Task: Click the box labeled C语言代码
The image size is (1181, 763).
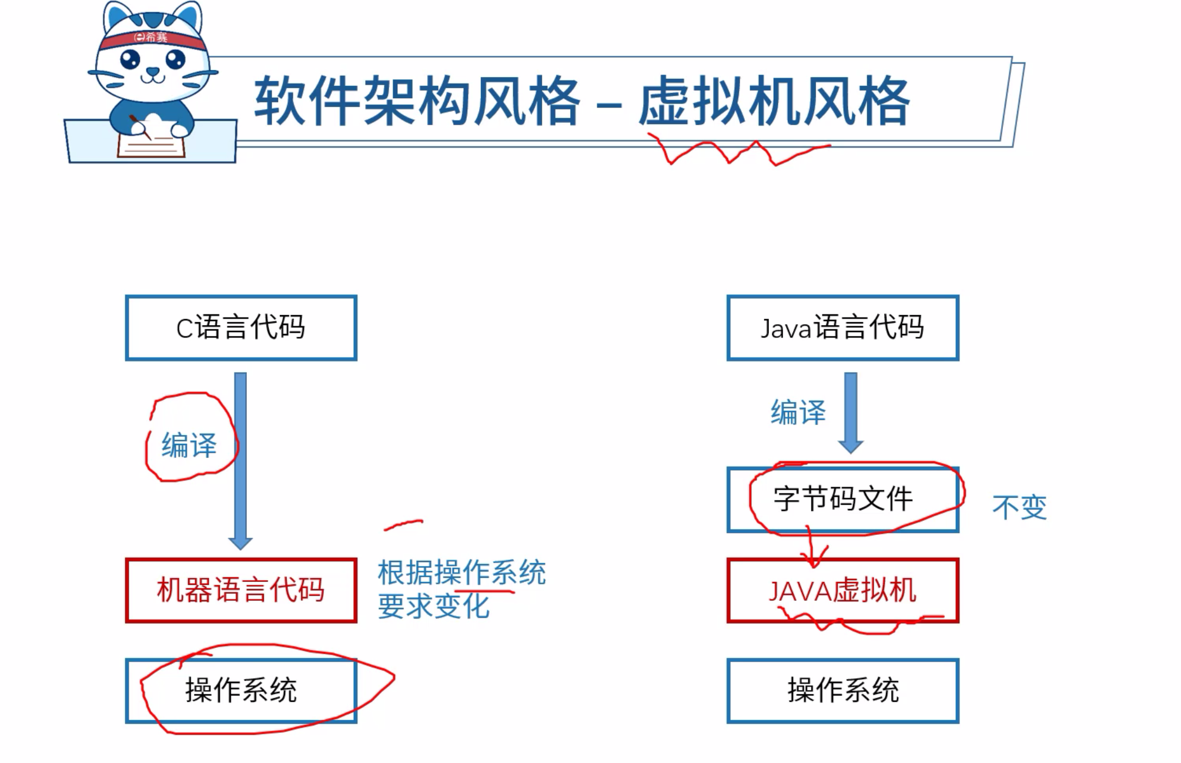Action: tap(241, 327)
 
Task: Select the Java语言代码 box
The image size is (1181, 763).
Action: tap(842, 327)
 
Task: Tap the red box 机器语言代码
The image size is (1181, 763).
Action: tap(241, 590)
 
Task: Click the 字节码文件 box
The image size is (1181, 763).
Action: tap(842, 500)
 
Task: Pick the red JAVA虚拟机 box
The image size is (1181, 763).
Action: tap(842, 590)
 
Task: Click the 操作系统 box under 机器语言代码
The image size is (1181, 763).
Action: tap(241, 690)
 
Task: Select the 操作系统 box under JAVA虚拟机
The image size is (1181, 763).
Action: tap(842, 690)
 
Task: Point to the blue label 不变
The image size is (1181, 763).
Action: tap(1019, 507)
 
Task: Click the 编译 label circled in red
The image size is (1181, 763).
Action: tap(189, 445)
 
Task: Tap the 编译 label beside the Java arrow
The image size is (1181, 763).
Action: tap(798, 412)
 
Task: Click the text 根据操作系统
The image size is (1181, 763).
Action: tap(461, 573)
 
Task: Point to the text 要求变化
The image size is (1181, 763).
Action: tap(433, 606)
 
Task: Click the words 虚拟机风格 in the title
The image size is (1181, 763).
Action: tap(774, 101)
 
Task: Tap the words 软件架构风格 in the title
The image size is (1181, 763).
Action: tap(417, 101)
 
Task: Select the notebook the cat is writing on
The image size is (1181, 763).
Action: tap(152, 143)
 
